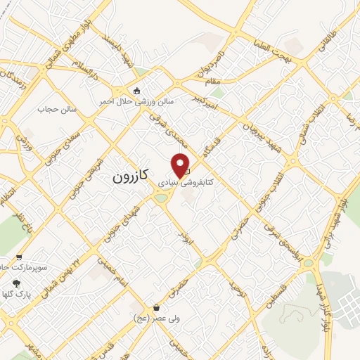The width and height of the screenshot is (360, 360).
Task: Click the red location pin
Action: click(x=181, y=165)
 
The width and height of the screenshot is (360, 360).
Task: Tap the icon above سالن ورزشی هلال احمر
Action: click(x=137, y=90)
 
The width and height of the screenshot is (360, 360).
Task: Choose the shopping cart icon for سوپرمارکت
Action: click(x=19, y=257)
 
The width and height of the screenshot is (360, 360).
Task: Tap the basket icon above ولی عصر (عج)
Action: click(x=156, y=308)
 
